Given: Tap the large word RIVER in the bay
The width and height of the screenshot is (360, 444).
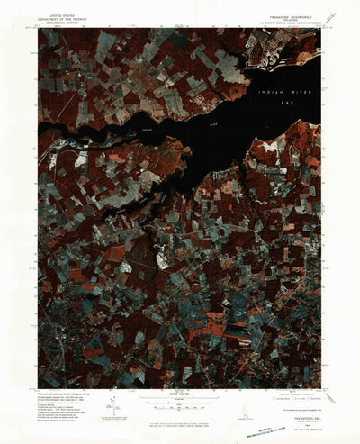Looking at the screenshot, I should pyautogui.click(x=290, y=100).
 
